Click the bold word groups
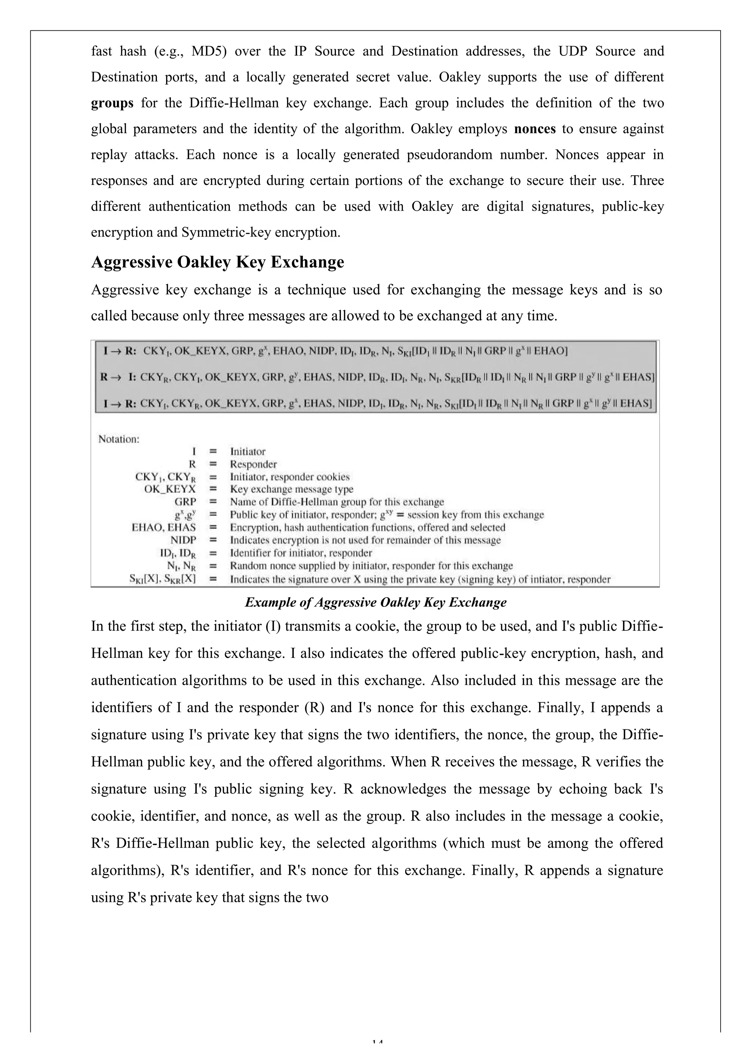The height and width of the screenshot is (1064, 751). (112, 103)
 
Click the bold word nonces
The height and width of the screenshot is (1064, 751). (535, 129)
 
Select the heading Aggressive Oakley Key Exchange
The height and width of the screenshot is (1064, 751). (217, 262)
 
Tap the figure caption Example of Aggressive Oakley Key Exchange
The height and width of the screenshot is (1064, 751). (375, 602)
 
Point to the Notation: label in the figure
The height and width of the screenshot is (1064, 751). (118, 439)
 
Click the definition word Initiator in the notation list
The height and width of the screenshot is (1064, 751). (248, 451)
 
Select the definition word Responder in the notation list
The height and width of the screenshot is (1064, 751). (253, 464)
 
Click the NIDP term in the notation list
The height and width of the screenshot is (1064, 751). (183, 540)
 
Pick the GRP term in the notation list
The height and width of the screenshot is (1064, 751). (185, 502)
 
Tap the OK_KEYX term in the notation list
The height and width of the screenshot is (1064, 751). (170, 489)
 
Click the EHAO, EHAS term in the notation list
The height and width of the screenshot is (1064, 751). (164, 527)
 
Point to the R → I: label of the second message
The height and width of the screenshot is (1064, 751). (118, 377)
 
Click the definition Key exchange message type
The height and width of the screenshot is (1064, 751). (292, 489)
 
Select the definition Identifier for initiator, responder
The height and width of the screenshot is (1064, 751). (301, 553)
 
